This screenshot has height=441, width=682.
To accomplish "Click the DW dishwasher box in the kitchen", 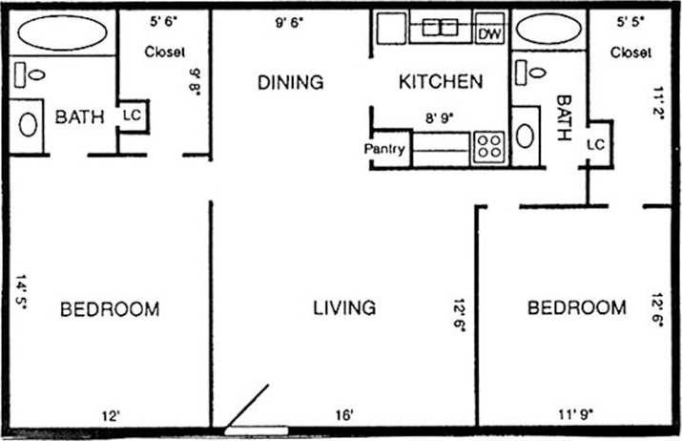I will [x=489, y=34].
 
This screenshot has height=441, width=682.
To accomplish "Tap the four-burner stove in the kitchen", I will [x=489, y=146].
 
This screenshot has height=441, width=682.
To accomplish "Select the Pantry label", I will [x=384, y=150].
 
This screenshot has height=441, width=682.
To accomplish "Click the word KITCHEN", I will [x=440, y=82].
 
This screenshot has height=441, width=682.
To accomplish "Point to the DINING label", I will [x=291, y=82].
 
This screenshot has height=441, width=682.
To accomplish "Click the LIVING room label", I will [x=344, y=307].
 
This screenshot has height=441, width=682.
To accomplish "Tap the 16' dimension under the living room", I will [x=345, y=414].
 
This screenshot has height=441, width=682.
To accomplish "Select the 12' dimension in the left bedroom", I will [x=113, y=414].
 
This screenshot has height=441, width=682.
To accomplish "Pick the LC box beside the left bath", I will [x=132, y=115].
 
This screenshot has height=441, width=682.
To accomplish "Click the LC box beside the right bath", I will [x=595, y=144].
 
